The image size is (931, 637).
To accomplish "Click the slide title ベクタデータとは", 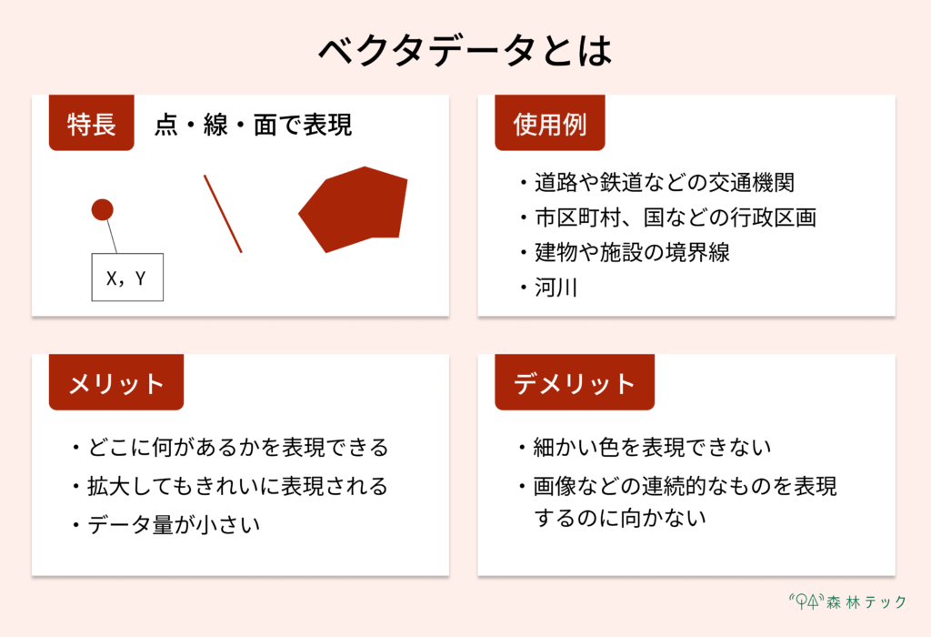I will pyautogui.click(x=465, y=51).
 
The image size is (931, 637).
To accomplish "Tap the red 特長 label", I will pyautogui.click(x=92, y=124).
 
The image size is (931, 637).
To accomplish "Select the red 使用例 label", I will pyautogui.click(x=550, y=124).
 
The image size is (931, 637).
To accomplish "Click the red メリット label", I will pyautogui.click(x=116, y=383).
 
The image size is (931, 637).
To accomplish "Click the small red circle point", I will pyautogui.click(x=103, y=209).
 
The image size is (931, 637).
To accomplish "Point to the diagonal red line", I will pyautogui.click(x=223, y=214).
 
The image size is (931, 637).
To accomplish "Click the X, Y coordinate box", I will pyautogui.click(x=127, y=278).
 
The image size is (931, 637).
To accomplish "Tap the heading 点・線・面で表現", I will pyautogui.click(x=254, y=125).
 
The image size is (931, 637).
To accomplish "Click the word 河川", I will pyautogui.click(x=556, y=288).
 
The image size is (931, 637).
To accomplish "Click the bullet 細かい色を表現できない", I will pyautogui.click(x=652, y=448).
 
